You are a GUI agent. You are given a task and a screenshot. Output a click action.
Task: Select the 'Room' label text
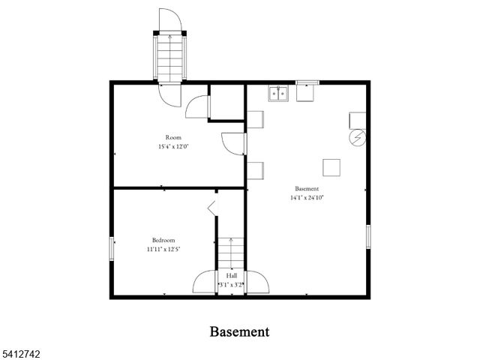pyautogui.click(x=173, y=137)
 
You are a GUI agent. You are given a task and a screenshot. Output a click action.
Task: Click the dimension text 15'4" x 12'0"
pyautogui.click(x=173, y=147)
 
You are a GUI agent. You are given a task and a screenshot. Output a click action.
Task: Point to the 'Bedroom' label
pyautogui.click(x=163, y=240)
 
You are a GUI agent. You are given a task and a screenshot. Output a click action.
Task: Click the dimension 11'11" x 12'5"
pyautogui.click(x=163, y=249)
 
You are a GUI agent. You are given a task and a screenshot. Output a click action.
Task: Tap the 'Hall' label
pyautogui.click(x=232, y=276)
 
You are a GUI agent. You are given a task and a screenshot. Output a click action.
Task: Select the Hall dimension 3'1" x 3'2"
pyautogui.click(x=231, y=285)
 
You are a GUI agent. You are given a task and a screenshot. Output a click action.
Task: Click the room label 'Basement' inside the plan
pyautogui.click(x=307, y=188)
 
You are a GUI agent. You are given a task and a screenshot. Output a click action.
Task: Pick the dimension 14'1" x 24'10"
pyautogui.click(x=307, y=197)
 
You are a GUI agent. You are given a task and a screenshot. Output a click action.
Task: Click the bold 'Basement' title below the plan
pyautogui.click(x=239, y=331)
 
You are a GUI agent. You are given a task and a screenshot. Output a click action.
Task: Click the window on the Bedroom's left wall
pyautogui.click(x=112, y=248)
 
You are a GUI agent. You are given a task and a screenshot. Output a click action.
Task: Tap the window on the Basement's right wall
pyautogui.click(x=368, y=235)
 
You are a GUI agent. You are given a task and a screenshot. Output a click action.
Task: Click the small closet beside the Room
pyautogui.click(x=226, y=102)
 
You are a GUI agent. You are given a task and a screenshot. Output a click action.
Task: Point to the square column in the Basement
pyautogui.click(x=331, y=166)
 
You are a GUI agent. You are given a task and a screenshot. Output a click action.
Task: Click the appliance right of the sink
pyautogui.click(x=307, y=93)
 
